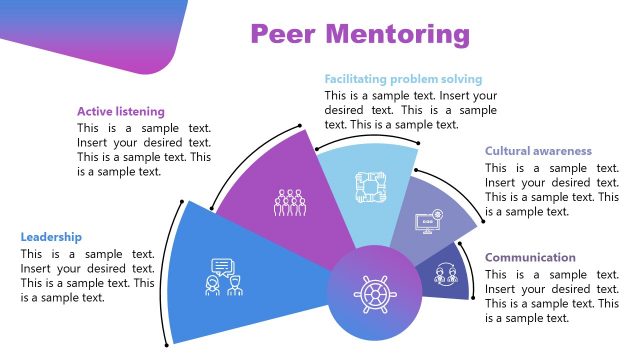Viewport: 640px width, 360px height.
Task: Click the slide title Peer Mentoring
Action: (360, 34)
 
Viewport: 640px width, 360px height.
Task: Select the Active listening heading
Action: (121, 112)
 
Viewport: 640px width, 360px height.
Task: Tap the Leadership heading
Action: (51, 238)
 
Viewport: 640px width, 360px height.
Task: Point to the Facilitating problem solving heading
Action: (403, 79)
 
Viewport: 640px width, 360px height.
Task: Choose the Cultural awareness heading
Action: (538, 152)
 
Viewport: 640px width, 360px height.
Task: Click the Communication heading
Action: (530, 258)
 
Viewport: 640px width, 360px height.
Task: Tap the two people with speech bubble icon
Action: (224, 276)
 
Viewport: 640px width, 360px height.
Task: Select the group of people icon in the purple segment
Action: (289, 202)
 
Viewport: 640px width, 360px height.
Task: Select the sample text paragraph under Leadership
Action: (87, 276)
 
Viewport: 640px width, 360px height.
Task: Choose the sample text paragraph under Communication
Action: (552, 296)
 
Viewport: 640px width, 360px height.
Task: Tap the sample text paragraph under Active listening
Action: (144, 150)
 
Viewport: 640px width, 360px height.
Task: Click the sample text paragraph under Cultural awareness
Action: (552, 190)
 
